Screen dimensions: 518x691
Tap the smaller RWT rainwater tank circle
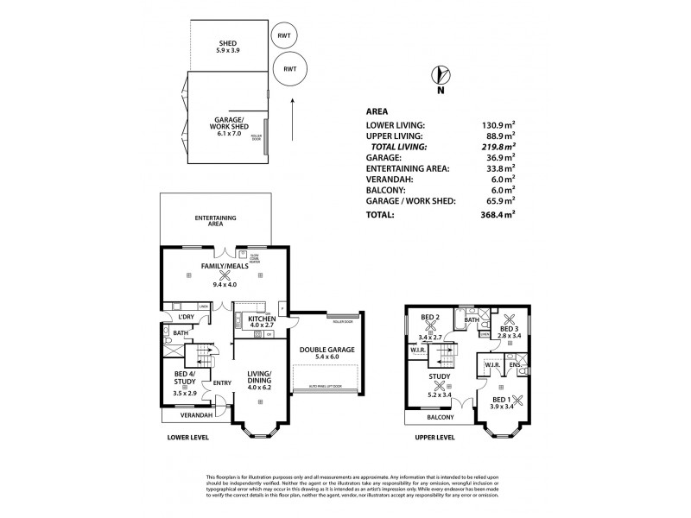coord(283,36)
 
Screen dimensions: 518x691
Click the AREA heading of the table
coord(377,111)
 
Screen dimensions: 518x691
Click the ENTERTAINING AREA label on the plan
coord(215,220)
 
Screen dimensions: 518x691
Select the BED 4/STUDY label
coord(185,383)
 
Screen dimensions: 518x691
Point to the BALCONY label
coord(441,416)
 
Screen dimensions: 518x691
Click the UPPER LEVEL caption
coord(434,438)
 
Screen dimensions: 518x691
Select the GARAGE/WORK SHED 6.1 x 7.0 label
coord(229,125)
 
